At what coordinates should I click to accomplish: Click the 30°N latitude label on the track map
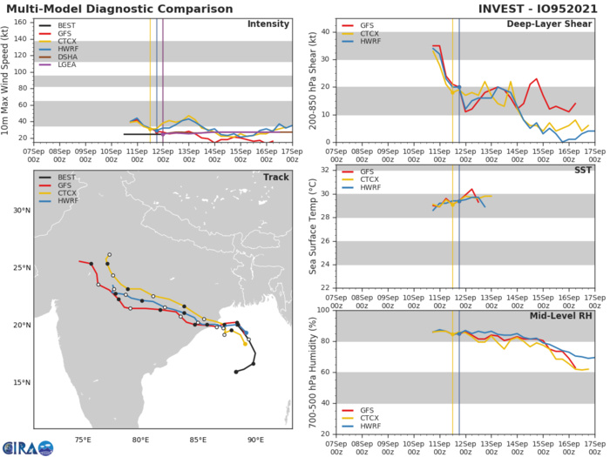(17, 211)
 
